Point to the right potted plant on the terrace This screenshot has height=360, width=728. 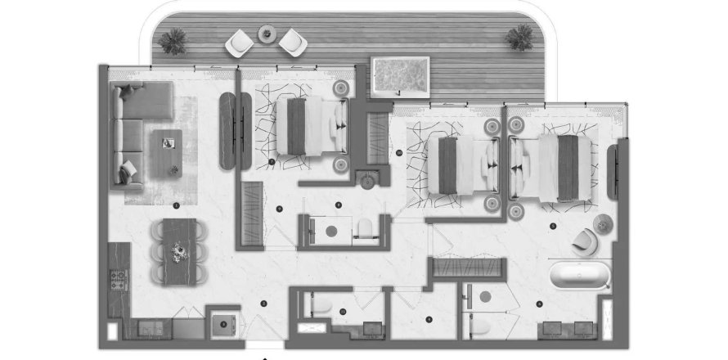(519, 36)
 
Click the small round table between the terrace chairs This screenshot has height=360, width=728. (267, 34)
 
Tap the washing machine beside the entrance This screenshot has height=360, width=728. (222, 324)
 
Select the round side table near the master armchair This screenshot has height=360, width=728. (602, 222)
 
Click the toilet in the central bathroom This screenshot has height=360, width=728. (365, 227)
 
